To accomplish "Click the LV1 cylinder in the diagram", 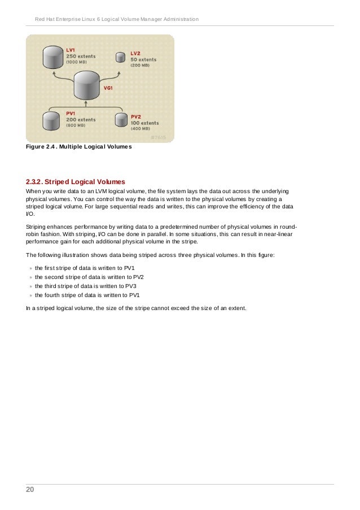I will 53,57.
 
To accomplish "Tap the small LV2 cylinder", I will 120,57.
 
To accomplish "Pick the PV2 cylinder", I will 121,120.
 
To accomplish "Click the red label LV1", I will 71,50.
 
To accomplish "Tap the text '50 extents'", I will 143,59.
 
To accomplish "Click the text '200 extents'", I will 81,120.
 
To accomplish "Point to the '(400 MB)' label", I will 141,129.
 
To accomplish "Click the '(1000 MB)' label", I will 78,62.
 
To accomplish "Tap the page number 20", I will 29,490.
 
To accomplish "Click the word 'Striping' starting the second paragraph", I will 38,226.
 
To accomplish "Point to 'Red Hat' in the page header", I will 46,20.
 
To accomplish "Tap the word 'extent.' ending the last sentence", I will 236,308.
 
